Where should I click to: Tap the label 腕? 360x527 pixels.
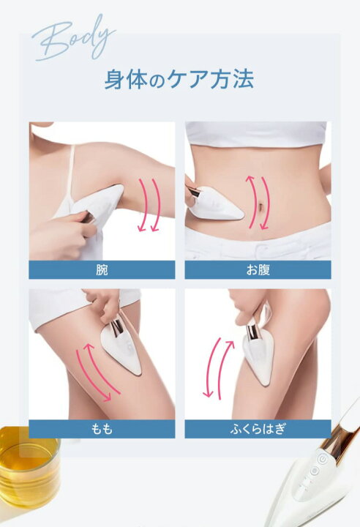[x=102, y=269]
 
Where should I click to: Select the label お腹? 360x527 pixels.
[x=258, y=269]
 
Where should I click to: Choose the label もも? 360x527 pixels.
[x=102, y=429]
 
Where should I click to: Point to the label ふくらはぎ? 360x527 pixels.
[x=258, y=429]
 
